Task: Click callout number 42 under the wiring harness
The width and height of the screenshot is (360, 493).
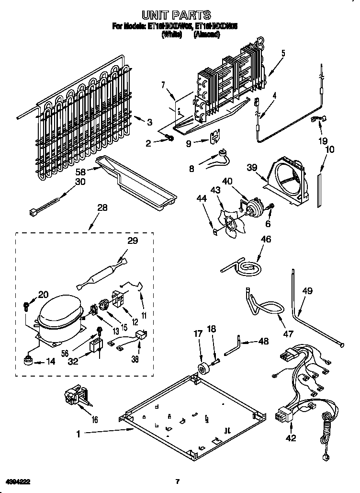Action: (x=291, y=437)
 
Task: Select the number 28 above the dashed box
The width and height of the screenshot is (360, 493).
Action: (x=101, y=208)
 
